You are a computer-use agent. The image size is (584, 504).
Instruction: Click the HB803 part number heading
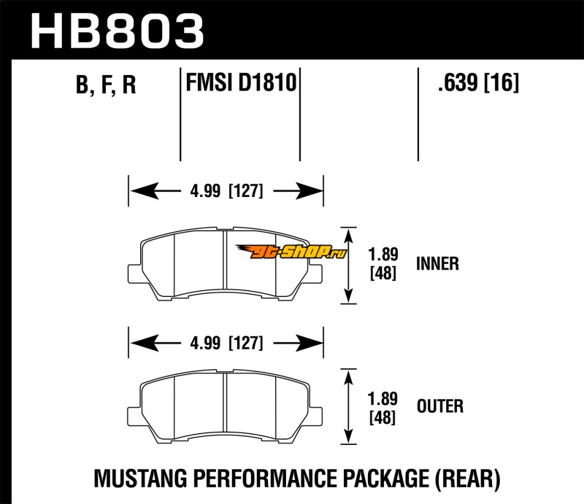pyautogui.click(x=117, y=31)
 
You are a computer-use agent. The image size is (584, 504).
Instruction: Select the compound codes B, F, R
pyautogui.click(x=107, y=86)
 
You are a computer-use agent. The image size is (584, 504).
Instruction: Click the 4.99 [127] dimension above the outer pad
pyautogui.click(x=226, y=342)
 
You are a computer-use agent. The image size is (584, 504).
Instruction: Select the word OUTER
pyautogui.click(x=439, y=406)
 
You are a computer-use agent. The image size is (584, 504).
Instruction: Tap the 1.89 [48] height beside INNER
pyautogui.click(x=383, y=264)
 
